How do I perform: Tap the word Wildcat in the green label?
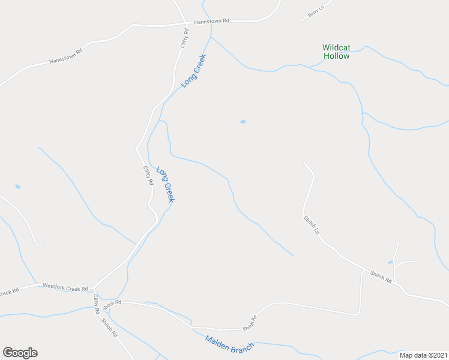[x=336, y=47]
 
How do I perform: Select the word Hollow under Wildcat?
[x=336, y=56]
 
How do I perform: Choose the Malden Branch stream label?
[x=230, y=344]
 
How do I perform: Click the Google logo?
[x=20, y=353]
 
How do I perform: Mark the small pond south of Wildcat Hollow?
[x=243, y=122]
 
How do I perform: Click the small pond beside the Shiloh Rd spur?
[x=390, y=262]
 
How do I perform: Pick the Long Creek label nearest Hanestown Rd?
[x=193, y=71]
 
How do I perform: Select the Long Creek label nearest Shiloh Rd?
[x=165, y=184]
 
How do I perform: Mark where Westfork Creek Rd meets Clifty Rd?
[x=94, y=287]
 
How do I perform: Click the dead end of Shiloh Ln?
[x=304, y=163]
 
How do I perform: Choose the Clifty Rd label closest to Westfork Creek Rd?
[x=95, y=304]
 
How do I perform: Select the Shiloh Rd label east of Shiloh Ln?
[x=381, y=276]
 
